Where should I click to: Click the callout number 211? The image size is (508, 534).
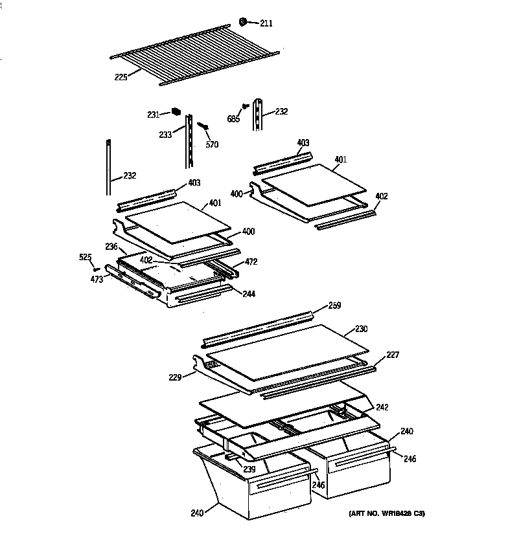pyautogui.click(x=266, y=24)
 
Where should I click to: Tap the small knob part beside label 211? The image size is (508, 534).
pyautogui.click(x=243, y=21)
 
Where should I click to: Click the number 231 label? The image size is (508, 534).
pyautogui.click(x=153, y=115)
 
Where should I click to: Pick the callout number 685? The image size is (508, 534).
pyautogui.click(x=234, y=118)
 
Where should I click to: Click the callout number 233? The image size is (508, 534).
pyautogui.click(x=166, y=135)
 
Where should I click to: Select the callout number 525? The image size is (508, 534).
pyautogui.click(x=86, y=258)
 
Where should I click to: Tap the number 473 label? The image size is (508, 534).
pyautogui.click(x=97, y=279)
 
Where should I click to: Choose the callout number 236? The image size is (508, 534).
pyautogui.click(x=111, y=246)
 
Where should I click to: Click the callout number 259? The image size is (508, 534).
pyautogui.click(x=334, y=305)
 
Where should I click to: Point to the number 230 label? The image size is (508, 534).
pyautogui.click(x=361, y=329)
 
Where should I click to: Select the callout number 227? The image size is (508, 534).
pyautogui.click(x=393, y=355)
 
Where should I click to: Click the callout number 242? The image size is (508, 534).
pyautogui.click(x=382, y=407)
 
